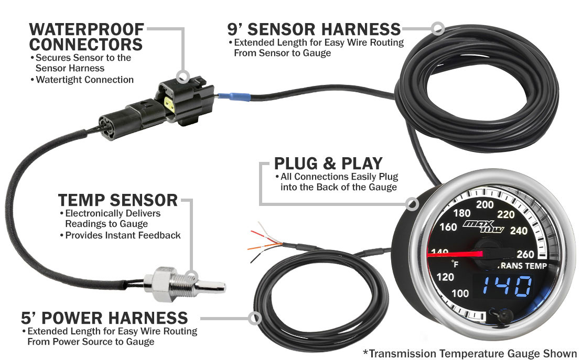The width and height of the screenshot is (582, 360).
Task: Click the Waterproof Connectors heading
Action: pyautogui.click(x=86, y=37)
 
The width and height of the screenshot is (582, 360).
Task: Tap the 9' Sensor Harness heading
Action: pyautogui.click(x=314, y=29)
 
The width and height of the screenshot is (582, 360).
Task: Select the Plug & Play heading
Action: pyautogui.click(x=328, y=163)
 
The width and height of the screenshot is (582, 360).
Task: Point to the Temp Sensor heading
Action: pyautogui.click(x=118, y=200)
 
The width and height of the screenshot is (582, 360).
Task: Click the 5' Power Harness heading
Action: pyautogui.click(x=105, y=318)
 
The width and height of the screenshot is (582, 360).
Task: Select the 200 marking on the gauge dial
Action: pyautogui.click(x=485, y=204)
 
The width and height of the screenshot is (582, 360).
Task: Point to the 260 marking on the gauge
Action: pyautogui.click(x=525, y=254)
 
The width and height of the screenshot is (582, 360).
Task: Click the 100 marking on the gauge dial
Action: pyautogui.click(x=460, y=293)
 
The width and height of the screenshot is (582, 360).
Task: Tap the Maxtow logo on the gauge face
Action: pyautogui.click(x=483, y=226)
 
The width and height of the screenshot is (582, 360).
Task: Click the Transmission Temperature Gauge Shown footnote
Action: pyautogui.click(x=470, y=353)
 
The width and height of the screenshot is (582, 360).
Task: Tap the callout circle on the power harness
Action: pyautogui.click(x=255, y=318)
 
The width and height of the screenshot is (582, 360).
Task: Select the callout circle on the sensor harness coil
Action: pyautogui.click(x=438, y=28)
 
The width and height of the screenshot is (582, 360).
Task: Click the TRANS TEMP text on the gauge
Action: pyautogui.click(x=523, y=266)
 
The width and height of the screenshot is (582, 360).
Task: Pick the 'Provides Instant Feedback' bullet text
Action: pyautogui.click(x=123, y=235)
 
